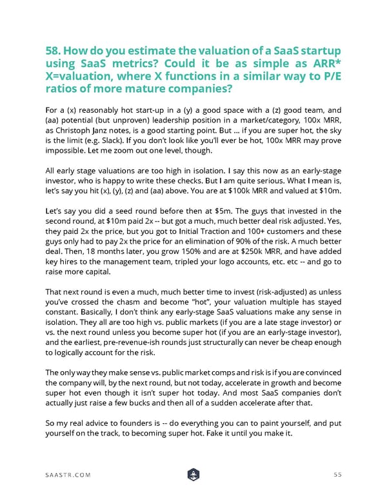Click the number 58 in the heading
point(54,52)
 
